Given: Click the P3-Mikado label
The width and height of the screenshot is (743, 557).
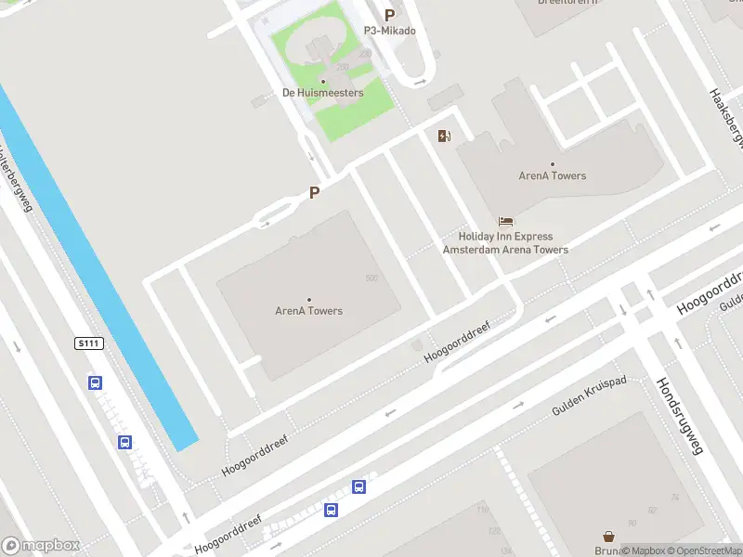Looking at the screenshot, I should point(390,31).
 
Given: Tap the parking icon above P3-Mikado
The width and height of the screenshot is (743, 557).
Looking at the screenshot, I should point(390,15).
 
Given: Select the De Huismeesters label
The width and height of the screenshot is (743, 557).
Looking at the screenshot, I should point(323,93).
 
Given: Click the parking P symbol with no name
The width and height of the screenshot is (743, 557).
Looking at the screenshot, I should point(315,193).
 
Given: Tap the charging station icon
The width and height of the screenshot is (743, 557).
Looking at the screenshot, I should point(445,136).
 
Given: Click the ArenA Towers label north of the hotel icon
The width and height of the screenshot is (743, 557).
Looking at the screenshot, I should point(553,175).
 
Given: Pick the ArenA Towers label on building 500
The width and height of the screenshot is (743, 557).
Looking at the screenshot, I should point(309,311).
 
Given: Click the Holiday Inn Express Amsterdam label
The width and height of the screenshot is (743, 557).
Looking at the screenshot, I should point(505,243).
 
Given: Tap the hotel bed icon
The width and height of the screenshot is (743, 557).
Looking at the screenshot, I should point(505,221).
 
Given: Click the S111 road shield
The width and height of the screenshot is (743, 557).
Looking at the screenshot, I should point(88,343).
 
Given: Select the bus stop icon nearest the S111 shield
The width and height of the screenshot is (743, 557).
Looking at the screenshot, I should point(95,382).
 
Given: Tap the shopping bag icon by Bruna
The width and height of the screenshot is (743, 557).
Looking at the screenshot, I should point(608,537).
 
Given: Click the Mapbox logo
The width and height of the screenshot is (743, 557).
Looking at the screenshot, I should point(41,546).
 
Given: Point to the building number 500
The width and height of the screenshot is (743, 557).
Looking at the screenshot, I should point(371,278).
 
